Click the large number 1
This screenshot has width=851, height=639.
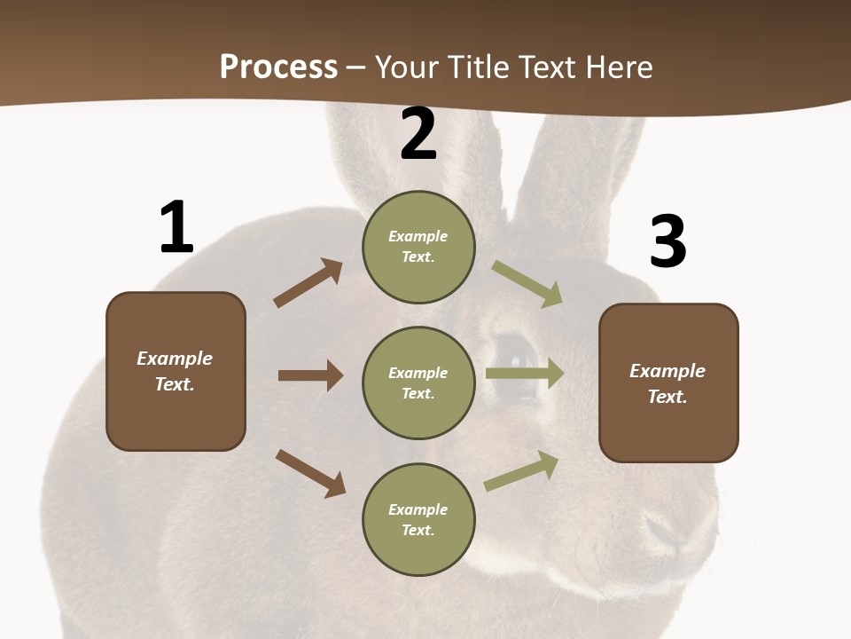[176, 227]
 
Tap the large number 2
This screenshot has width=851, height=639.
[418, 135]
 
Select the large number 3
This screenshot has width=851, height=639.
[668, 241]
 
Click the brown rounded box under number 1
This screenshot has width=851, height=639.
[176, 371]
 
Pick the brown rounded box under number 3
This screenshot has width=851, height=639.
[668, 383]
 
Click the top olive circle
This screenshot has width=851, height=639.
[418, 247]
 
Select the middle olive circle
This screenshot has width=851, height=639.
[418, 383]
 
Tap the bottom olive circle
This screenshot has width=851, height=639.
[418, 520]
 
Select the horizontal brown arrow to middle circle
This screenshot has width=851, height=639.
[310, 375]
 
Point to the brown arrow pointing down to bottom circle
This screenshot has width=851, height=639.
[310, 473]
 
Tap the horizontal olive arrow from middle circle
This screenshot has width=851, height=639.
[524, 374]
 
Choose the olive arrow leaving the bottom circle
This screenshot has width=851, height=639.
[521, 471]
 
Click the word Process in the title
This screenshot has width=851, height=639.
[278, 67]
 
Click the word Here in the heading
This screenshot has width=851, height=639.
[619, 67]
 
